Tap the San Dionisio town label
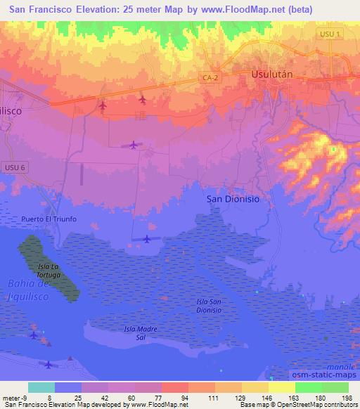233,199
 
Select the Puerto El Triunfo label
49,219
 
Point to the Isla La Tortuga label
49,270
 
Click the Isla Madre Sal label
139,332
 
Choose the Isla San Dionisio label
210,305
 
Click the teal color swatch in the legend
41,387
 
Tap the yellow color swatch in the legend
282,387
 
